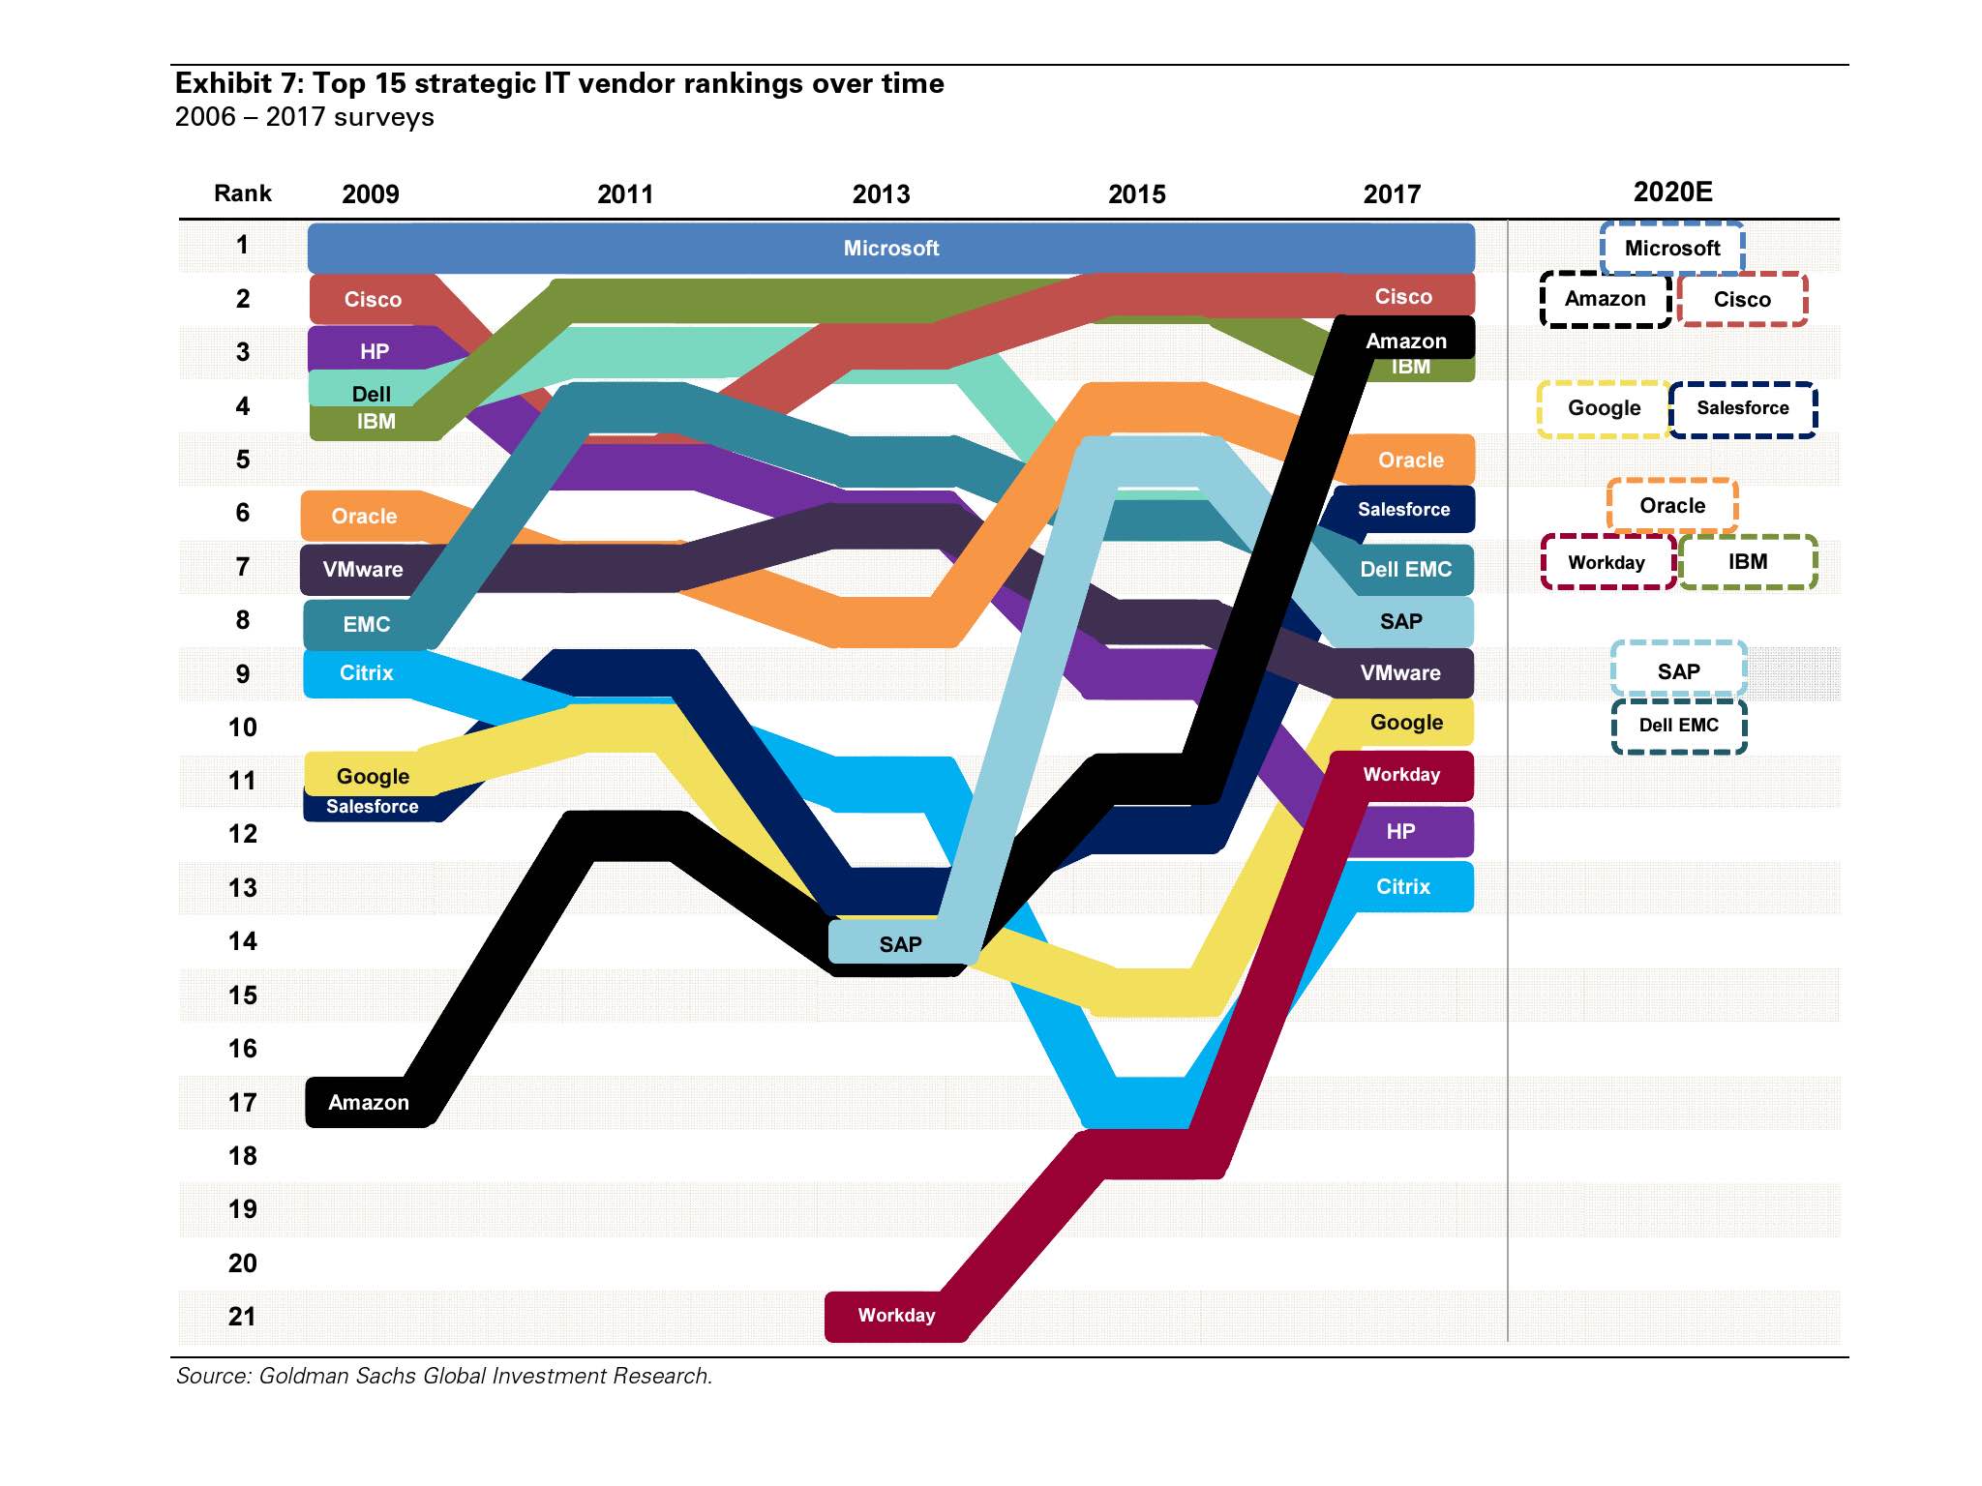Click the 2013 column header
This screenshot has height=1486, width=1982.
881,194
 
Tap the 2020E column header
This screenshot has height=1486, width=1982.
1672,192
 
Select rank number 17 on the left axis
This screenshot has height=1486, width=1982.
242,1102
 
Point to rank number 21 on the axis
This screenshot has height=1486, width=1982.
242,1316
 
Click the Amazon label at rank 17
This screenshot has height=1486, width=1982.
369,1102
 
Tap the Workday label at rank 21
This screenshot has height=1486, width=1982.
896,1315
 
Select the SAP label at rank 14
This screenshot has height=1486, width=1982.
900,944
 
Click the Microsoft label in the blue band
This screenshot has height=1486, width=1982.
890,248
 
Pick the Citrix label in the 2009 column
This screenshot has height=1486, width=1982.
366,672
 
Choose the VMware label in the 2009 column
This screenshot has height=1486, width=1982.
363,569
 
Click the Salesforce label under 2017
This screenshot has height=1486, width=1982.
1403,509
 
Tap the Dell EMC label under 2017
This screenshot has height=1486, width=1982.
1405,569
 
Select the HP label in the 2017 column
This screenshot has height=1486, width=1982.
1400,831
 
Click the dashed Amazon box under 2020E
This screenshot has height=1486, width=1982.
1605,299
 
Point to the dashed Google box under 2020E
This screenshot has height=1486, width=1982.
1604,408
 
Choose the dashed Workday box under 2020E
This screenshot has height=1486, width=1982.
1607,562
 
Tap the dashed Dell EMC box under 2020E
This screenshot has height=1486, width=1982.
1678,725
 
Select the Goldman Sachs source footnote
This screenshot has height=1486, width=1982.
443,1375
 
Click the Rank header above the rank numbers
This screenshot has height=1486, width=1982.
242,193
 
